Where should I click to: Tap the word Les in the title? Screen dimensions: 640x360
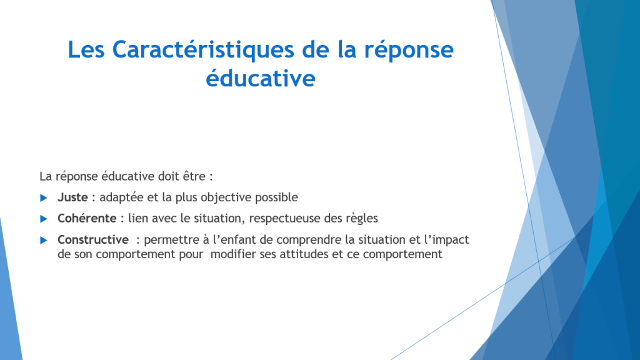[86, 49]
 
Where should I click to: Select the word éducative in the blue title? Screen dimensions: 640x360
[261, 77]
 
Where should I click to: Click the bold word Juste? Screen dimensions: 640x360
[72, 197]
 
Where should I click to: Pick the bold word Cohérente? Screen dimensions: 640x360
[87, 218]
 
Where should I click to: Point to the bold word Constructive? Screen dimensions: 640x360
[93, 239]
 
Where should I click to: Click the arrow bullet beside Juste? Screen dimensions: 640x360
[44, 198]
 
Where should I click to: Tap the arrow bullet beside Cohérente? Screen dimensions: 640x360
[44, 219]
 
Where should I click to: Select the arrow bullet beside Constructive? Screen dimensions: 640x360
[44, 241]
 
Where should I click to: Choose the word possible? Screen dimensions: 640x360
[276, 197]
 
